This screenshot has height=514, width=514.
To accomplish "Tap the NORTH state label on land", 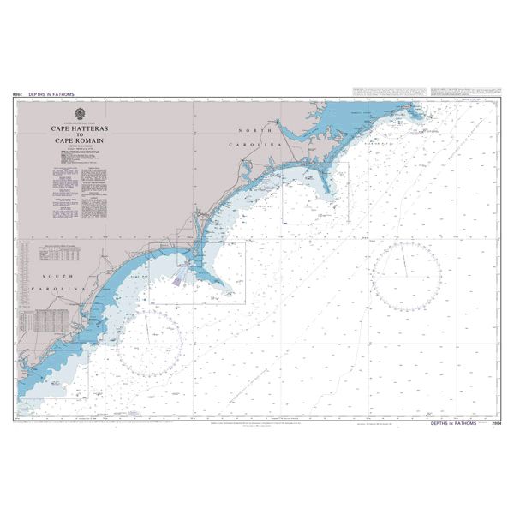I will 260,129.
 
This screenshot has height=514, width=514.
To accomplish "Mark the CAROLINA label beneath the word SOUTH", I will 55,291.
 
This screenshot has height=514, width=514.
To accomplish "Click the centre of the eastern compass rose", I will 407,276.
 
